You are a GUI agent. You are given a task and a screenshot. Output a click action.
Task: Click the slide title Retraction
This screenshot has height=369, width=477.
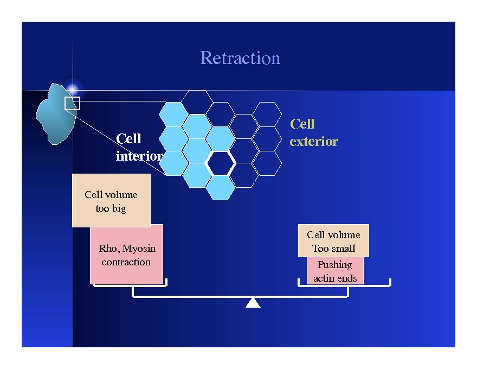[240, 58]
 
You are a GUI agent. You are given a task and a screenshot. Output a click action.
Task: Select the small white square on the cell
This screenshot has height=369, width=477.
[72, 103]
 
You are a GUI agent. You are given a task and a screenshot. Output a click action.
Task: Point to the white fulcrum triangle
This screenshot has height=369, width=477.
[253, 303]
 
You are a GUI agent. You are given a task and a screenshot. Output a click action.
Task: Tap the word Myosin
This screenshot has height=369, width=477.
[139, 249]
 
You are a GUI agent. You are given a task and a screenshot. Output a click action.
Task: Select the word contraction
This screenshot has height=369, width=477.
[126, 262]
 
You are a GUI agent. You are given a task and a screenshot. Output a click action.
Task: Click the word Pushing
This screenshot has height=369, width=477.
[334, 265]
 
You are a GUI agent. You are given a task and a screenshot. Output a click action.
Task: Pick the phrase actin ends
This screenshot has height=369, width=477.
[335, 278]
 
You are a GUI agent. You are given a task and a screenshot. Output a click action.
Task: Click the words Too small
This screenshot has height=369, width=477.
[333, 249]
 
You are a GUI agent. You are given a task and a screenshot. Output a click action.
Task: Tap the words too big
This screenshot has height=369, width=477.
[111, 208]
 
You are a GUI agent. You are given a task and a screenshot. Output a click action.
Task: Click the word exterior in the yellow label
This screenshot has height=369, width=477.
[314, 142]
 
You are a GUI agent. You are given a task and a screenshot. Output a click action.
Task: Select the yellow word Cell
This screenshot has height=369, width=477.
[302, 124]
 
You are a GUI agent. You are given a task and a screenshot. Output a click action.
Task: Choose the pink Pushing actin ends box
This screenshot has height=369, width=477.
[335, 271]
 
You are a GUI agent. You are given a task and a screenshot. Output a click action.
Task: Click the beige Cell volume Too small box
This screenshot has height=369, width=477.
[333, 240]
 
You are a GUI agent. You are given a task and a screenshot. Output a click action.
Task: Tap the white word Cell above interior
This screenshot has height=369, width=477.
[128, 139]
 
